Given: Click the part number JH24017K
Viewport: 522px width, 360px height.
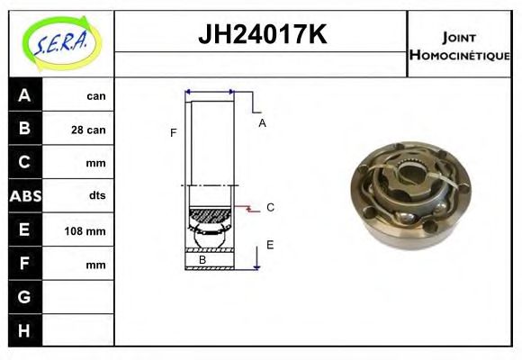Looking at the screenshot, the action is (x=262, y=34).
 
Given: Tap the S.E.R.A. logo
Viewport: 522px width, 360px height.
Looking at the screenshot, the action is (x=62, y=43).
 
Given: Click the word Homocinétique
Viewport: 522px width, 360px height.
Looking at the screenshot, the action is (x=460, y=55).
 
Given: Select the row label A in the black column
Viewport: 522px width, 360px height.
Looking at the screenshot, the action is (x=24, y=95).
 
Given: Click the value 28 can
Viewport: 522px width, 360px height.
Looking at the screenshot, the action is (x=88, y=130).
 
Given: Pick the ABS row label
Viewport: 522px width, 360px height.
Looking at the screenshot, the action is (x=25, y=196).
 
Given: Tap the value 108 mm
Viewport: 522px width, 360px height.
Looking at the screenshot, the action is (x=85, y=230).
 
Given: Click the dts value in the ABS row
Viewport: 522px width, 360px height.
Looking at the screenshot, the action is (x=97, y=195).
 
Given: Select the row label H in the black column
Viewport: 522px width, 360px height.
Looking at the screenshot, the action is (x=24, y=330).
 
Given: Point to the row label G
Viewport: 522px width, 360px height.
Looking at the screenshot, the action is (x=24, y=297).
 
